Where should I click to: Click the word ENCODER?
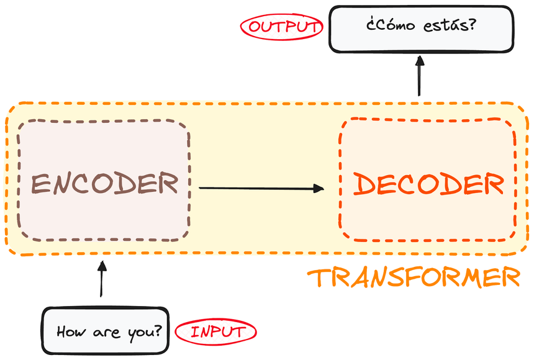104,184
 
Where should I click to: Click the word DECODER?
428,184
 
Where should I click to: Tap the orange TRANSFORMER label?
414,277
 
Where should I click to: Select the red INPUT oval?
215,331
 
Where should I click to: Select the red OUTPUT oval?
282,27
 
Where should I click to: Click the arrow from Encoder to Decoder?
261,187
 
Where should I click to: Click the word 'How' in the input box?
69,331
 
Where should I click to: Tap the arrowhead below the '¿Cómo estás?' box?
420,60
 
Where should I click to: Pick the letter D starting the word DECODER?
364,184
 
